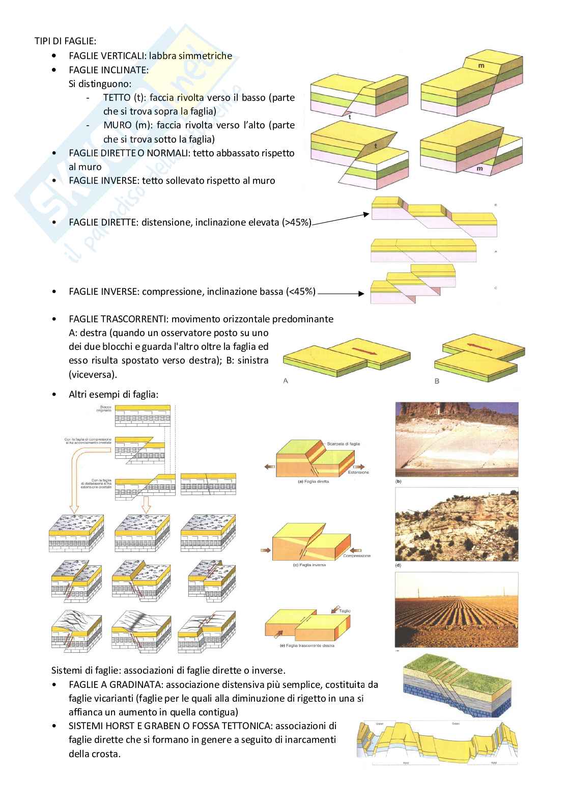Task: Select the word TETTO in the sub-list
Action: tap(117, 97)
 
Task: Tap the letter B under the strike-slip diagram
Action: tap(437, 381)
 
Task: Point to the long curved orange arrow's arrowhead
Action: tap(74, 508)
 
